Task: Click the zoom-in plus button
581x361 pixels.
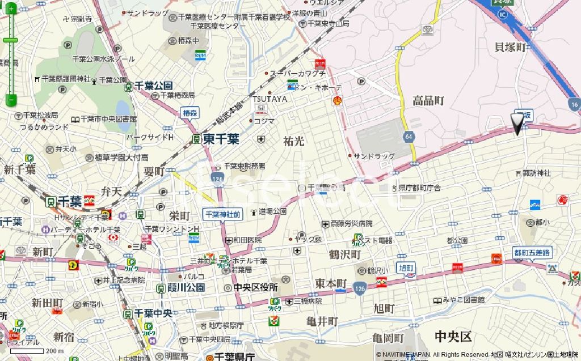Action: [10, 9]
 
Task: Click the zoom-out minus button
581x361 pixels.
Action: [10, 100]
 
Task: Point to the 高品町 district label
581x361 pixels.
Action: [428, 101]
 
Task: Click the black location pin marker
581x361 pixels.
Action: [517, 124]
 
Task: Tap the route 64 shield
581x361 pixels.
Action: [409, 137]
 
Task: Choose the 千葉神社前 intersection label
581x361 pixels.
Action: [223, 214]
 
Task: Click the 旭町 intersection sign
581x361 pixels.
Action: [406, 267]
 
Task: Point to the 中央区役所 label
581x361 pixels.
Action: [254, 287]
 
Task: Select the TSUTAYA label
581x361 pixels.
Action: [270, 99]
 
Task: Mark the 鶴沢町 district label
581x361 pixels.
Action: [344, 255]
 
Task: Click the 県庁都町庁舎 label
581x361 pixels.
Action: [419, 188]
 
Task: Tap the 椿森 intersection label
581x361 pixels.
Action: [190, 112]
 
